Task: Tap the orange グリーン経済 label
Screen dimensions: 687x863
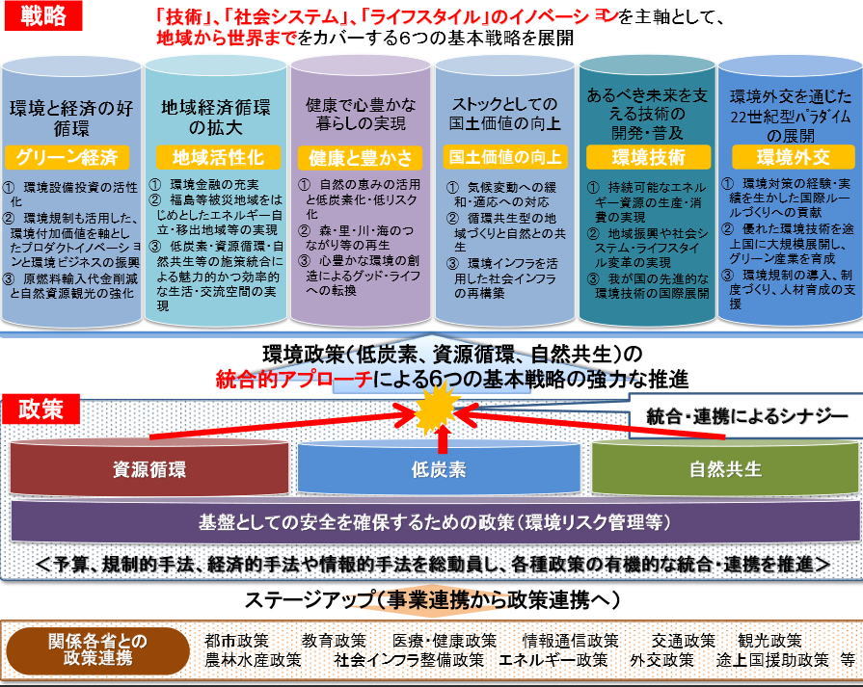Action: [x=71, y=156]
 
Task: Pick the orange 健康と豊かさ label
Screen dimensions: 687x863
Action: [x=361, y=157]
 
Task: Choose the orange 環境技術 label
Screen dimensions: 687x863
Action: [x=648, y=157]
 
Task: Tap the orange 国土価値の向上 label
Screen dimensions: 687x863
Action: [x=504, y=156]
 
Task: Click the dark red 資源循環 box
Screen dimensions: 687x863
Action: [x=149, y=470]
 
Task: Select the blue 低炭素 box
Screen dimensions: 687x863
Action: [x=439, y=470]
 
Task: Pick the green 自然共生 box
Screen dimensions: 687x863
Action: [x=725, y=470]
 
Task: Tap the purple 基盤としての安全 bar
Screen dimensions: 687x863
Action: [x=433, y=523]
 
